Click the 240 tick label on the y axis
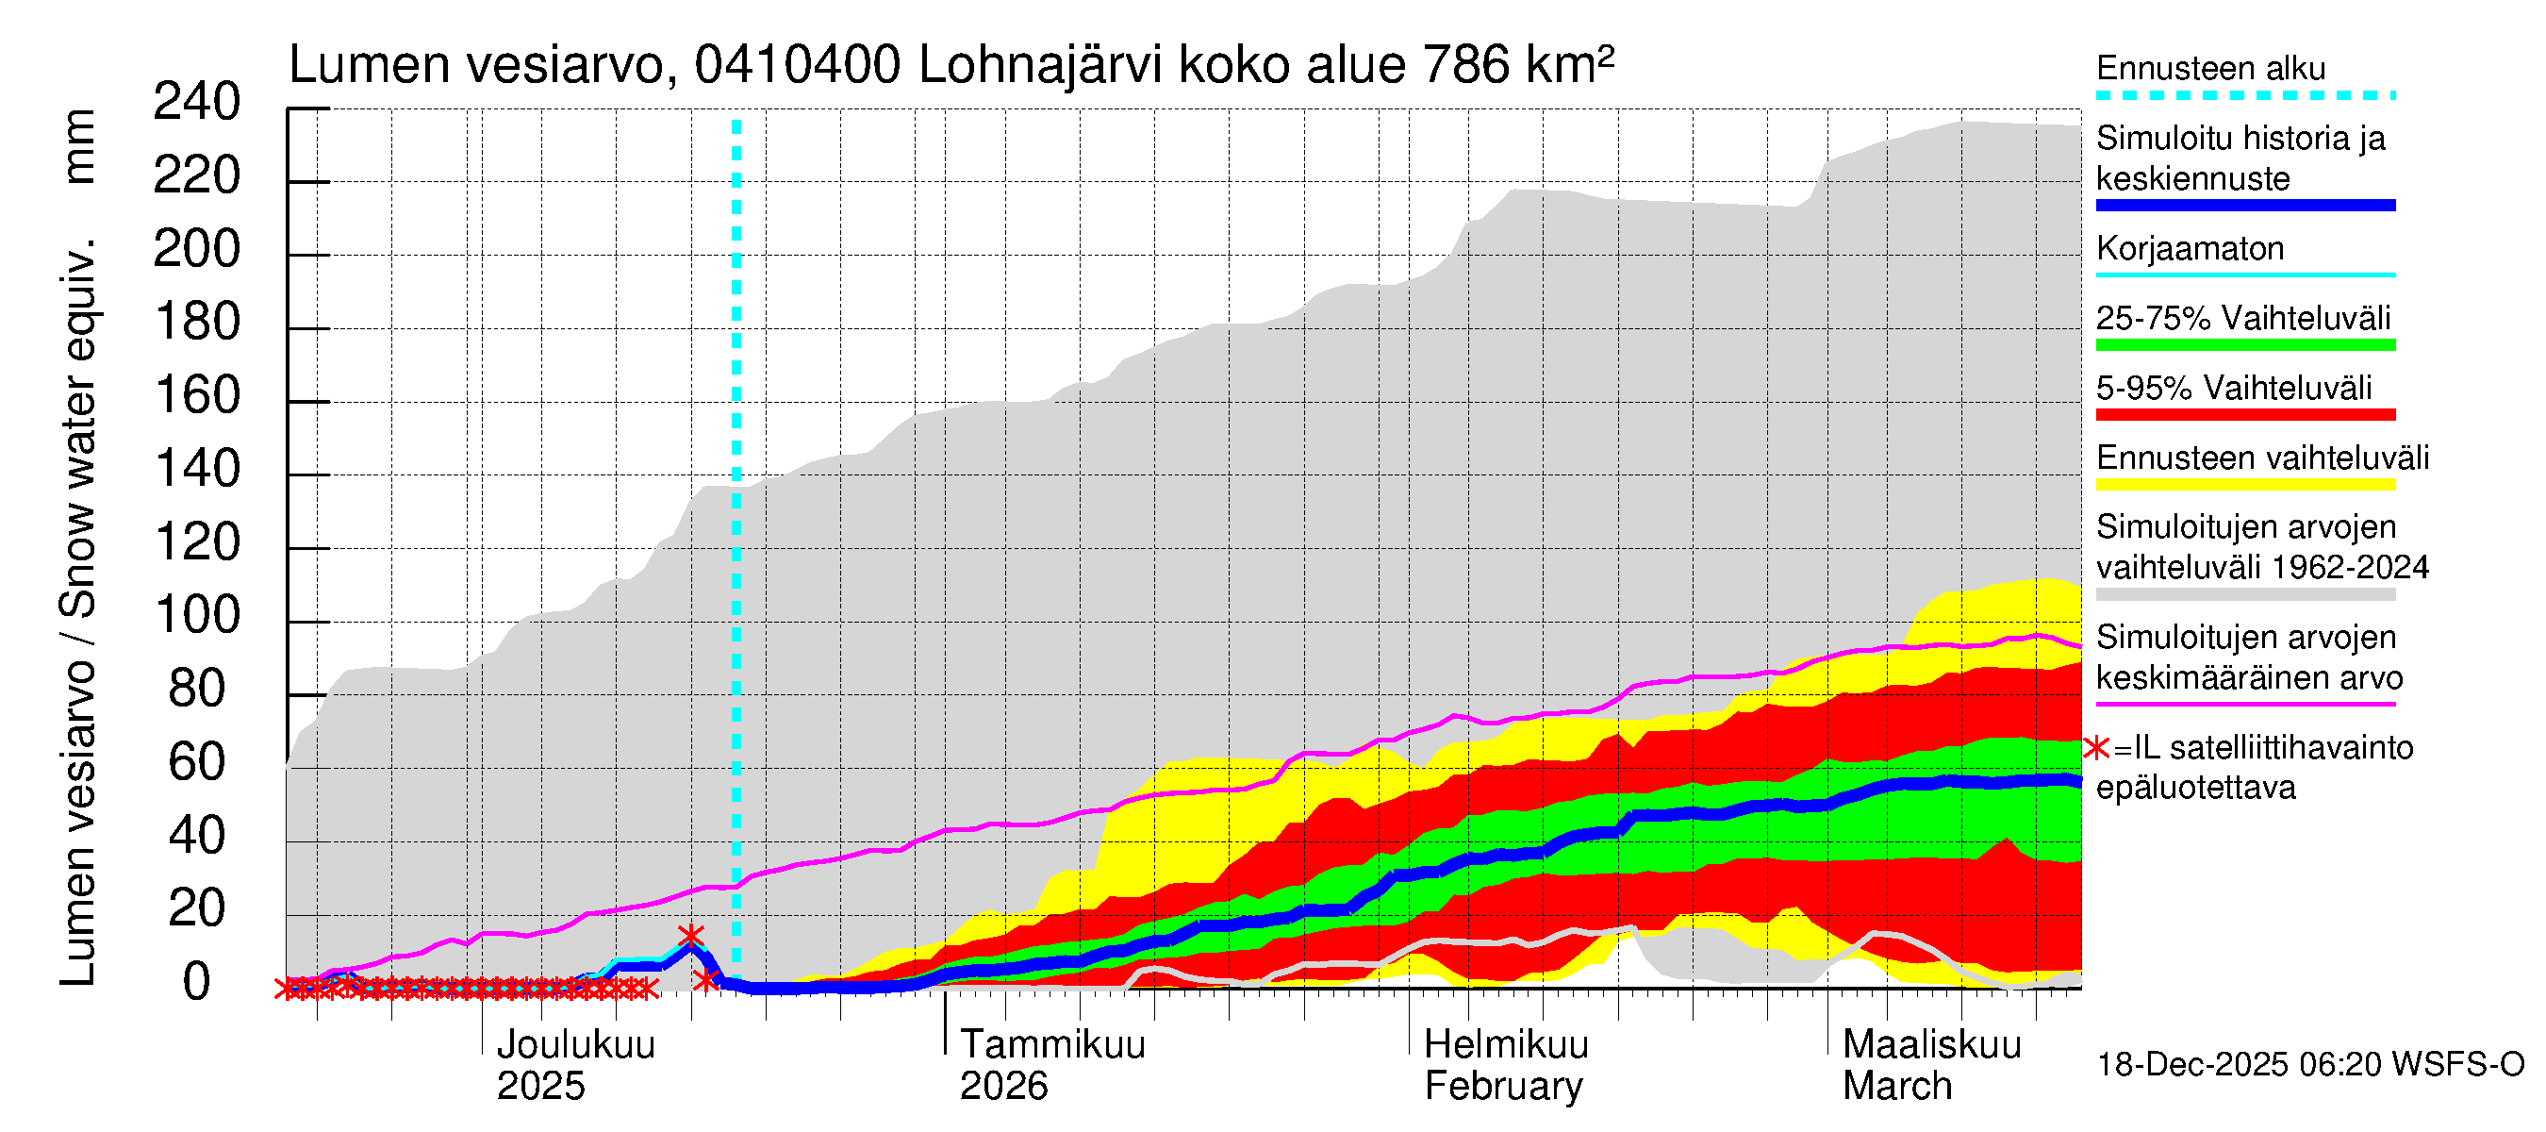(x=197, y=103)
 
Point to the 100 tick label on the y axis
(x=197, y=617)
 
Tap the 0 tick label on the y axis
(x=197, y=983)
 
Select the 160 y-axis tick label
(x=197, y=396)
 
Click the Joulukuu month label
(x=575, y=1045)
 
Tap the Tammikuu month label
(x=1051, y=1045)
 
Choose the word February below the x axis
(x=1502, y=1087)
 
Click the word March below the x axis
(x=1896, y=1087)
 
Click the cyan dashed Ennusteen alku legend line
(x=2244, y=96)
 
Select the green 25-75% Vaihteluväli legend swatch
(x=2244, y=345)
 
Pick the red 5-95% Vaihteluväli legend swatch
(x=2244, y=415)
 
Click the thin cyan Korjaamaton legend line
(x=2244, y=275)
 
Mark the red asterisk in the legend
(x=2095, y=749)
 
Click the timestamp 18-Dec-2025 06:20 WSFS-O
(x=2309, y=1065)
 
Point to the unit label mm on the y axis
(x=79, y=146)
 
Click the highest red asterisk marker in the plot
(x=691, y=935)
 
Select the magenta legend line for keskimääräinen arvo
(x=2244, y=704)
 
